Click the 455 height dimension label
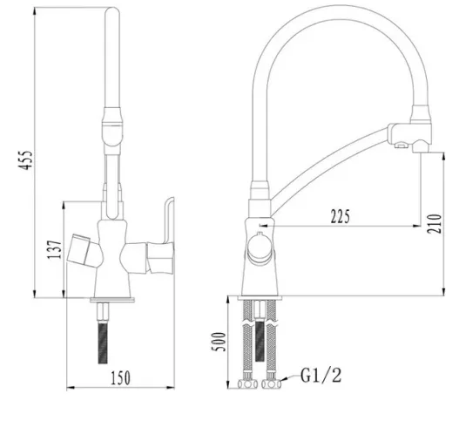click(x=25, y=160)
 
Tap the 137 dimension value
click(x=54, y=249)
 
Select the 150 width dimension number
click(x=121, y=377)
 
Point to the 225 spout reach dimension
click(x=341, y=216)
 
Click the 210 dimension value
click(x=435, y=223)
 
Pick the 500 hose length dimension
click(x=219, y=342)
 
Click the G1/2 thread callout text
click(x=320, y=375)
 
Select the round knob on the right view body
click(x=260, y=248)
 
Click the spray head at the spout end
click(x=410, y=139)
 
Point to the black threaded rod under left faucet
click(x=103, y=343)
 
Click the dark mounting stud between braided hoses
click(x=260, y=341)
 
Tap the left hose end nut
click(x=247, y=384)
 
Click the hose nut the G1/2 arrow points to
click(x=272, y=384)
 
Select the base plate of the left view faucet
click(x=112, y=300)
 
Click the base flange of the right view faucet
click(x=260, y=298)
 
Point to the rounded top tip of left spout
click(x=112, y=8)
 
